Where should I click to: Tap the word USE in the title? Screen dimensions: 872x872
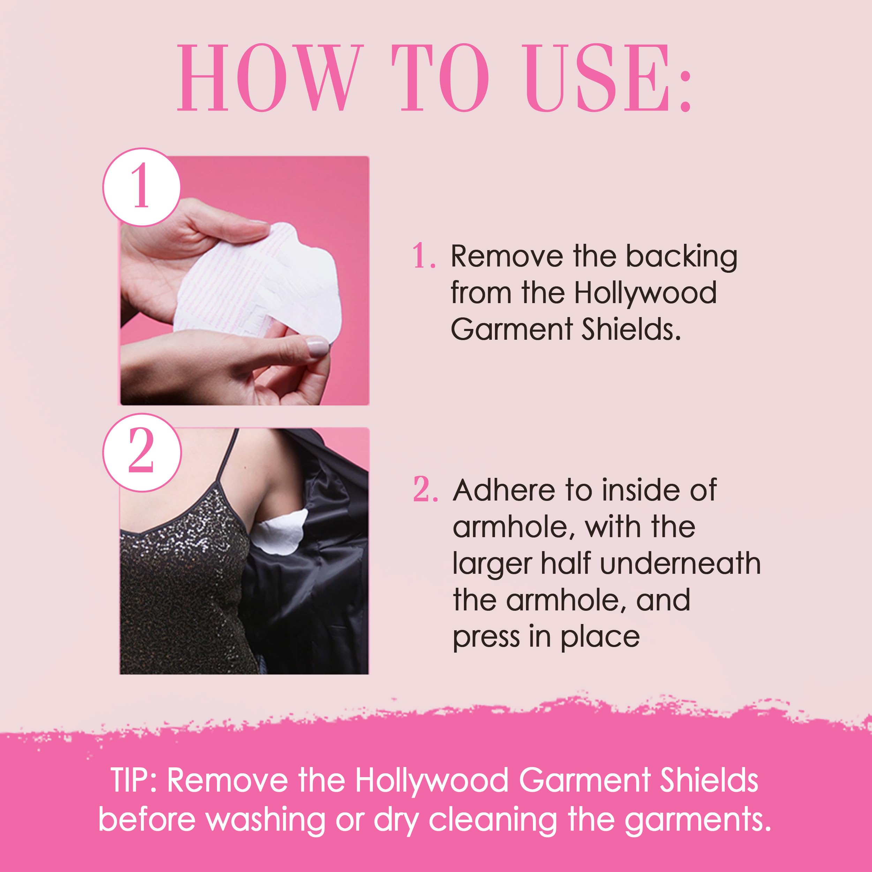click(599, 78)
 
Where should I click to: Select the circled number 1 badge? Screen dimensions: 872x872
click(142, 187)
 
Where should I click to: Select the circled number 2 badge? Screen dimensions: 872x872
click(142, 452)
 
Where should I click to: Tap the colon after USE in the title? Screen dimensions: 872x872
click(685, 88)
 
